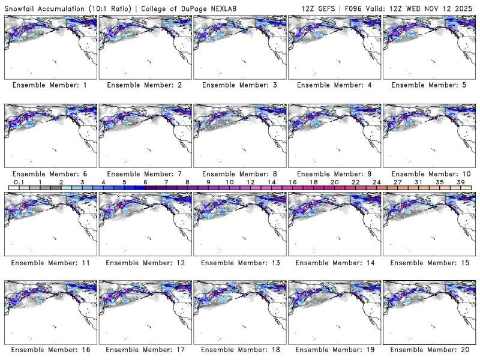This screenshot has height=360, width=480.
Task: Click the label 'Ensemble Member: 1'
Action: pos(50,85)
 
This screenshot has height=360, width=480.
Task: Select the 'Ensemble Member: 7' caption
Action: pos(144,173)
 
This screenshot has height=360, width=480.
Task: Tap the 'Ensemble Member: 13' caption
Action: pos(239,262)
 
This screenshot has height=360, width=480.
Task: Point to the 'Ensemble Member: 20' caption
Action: pos(428,350)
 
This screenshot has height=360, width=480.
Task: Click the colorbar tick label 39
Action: pos(460,182)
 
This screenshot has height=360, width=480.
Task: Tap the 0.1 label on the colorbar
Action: pos(19,182)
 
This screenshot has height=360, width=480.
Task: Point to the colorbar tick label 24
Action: pos(376,182)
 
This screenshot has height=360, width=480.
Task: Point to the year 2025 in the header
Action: pos(467,6)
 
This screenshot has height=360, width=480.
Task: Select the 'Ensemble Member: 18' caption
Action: pos(239,350)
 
